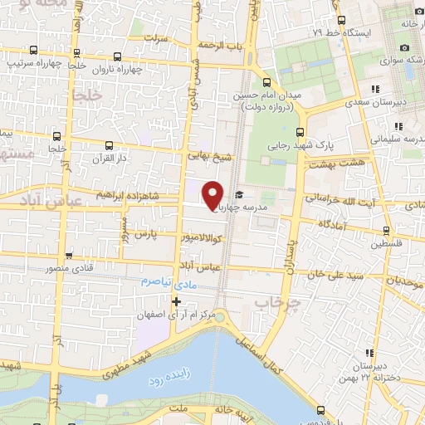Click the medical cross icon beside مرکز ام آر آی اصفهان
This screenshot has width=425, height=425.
point(175,300)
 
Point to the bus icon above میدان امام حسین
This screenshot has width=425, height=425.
point(266,82)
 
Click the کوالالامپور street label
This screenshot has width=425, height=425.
point(207,237)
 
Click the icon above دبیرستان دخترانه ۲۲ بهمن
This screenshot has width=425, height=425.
point(369,353)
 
